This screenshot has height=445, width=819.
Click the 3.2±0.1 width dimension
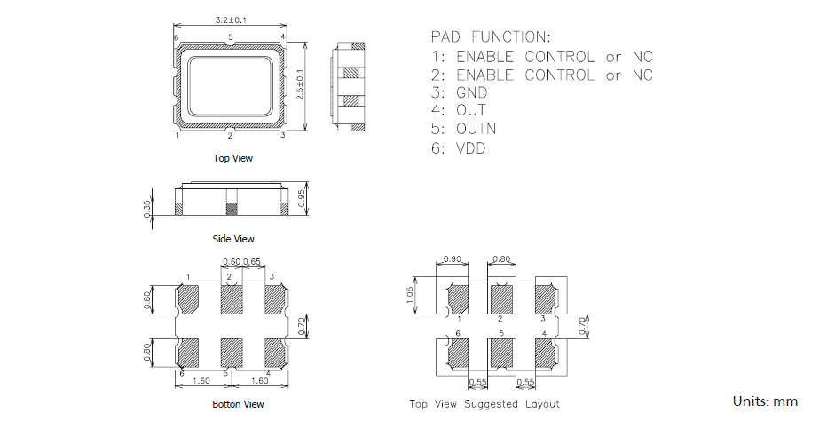tap(232, 19)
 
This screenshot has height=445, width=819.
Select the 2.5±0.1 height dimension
tap(300, 85)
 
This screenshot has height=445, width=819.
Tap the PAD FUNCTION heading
tap(490, 37)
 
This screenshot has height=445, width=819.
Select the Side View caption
tap(233, 239)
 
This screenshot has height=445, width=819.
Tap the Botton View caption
tap(238, 404)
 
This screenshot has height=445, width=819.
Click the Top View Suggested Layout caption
tap(484, 404)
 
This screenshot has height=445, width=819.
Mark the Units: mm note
tap(765, 401)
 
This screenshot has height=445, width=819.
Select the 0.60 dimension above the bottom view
tap(231, 262)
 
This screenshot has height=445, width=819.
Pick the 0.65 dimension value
tap(251, 262)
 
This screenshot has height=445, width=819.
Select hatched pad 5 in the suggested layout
tap(501, 354)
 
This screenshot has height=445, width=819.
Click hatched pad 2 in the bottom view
tap(231, 299)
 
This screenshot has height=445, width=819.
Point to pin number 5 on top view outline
tap(230, 38)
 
